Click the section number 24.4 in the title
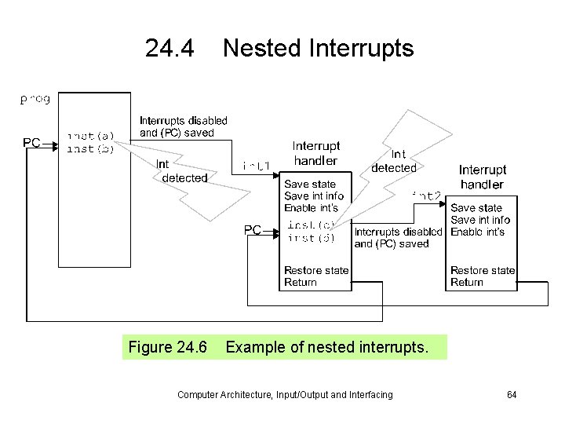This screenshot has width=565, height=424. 170,49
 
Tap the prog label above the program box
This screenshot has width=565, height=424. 35,99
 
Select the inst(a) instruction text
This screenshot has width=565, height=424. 91,136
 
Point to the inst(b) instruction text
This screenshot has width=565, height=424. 91,148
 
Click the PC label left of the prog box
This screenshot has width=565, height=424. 31,143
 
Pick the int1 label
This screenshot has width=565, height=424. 257,166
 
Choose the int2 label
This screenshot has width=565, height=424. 426,196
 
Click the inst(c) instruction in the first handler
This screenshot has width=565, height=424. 312,225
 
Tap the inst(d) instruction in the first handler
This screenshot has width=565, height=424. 312,238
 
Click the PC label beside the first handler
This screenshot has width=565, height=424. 252,230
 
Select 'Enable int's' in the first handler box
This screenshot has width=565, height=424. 312,208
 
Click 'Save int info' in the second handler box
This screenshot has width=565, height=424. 480,220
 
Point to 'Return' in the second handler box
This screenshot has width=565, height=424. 467,282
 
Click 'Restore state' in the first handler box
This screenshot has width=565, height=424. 316,270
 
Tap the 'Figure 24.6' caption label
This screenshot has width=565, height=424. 168,346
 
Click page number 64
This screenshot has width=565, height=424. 511,394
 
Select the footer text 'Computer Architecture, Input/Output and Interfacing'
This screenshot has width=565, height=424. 285,394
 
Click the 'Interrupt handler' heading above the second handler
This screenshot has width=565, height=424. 483,177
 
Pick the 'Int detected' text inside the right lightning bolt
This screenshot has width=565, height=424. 394,161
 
